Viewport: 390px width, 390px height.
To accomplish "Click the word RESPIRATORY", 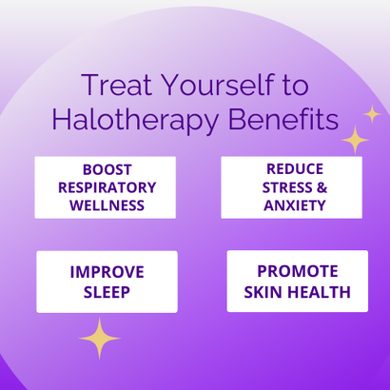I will [x=105, y=187].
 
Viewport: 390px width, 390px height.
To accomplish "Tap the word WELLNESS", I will [x=105, y=205].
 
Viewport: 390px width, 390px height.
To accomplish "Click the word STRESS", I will [x=279, y=187].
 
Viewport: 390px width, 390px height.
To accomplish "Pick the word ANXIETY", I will [x=292, y=205].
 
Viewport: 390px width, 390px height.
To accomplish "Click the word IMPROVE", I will [x=107, y=273].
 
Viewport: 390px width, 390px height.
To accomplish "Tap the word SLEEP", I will [x=107, y=292].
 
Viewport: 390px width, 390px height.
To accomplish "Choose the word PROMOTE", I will [x=298, y=271].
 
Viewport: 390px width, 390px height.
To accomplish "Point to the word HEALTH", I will [x=321, y=291].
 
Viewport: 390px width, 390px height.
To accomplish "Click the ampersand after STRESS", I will [x=319, y=187].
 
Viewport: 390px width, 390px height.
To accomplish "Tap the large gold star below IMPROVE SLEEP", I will [x=100, y=337].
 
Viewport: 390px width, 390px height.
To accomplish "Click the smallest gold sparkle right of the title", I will [x=372, y=114].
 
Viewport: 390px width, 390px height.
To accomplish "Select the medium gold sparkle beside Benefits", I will [x=355, y=140].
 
